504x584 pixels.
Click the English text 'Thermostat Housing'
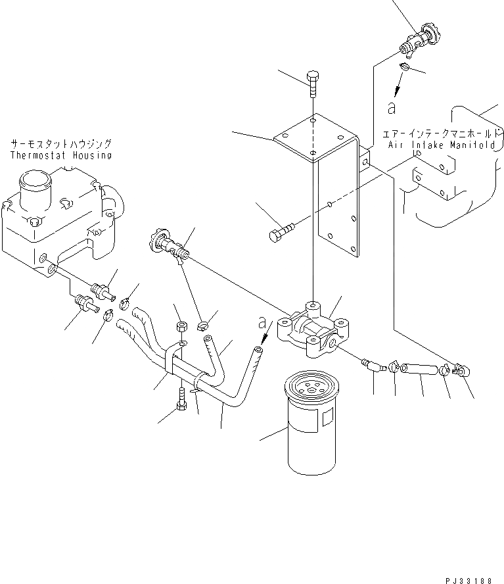[60, 155]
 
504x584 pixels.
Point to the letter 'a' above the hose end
[263, 323]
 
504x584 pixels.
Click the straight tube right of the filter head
[419, 369]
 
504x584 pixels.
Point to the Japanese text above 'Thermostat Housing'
[60, 143]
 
